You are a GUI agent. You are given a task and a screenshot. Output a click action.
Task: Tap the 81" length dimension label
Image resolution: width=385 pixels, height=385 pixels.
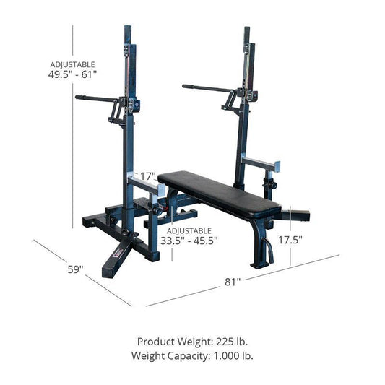tap(233, 282)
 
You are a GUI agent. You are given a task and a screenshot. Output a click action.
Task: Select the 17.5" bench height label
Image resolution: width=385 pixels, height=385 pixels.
tap(290, 240)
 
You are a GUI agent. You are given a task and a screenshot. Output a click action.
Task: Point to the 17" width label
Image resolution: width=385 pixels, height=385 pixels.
tap(149, 176)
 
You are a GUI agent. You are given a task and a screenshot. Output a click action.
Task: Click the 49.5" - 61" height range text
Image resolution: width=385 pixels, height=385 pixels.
tap(72, 74)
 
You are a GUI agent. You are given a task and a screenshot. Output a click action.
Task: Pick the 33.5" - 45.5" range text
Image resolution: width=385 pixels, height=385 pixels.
tap(189, 241)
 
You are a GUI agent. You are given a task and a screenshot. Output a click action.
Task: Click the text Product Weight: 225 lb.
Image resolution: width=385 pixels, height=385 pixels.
tap(192, 341)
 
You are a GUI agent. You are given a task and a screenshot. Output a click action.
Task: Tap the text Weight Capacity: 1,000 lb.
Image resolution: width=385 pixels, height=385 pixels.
tap(192, 355)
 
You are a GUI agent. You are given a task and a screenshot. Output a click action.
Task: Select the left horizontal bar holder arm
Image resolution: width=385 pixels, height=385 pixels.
tap(98, 97)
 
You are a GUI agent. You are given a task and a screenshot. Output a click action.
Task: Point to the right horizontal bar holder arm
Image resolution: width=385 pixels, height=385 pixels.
tap(206, 88)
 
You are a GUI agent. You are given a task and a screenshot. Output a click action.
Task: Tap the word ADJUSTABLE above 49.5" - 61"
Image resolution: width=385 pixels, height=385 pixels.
tap(72, 64)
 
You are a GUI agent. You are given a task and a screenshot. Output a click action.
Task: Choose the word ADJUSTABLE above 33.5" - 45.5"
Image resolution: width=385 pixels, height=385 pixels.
tap(189, 230)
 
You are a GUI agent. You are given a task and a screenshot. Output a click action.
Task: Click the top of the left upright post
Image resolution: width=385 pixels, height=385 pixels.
tap(128, 33)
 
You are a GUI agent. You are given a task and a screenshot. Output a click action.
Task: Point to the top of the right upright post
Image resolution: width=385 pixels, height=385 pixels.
tap(247, 33)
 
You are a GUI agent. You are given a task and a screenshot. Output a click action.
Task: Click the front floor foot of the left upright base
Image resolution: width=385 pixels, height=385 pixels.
tap(116, 268)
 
